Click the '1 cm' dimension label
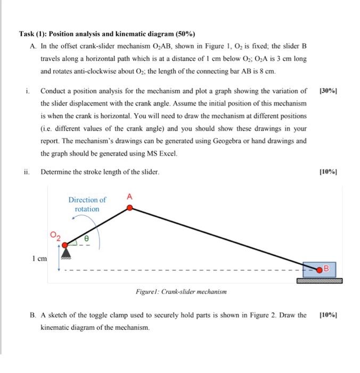point(39,258)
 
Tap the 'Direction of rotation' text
point(87,205)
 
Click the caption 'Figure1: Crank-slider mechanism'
point(181,291)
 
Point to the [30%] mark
point(328,91)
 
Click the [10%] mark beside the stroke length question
point(328,172)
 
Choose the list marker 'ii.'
point(28,172)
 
